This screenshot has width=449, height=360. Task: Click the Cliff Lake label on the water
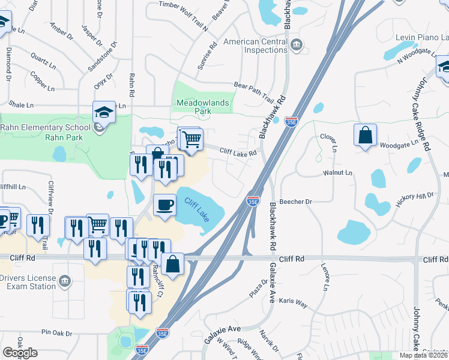point(197,209)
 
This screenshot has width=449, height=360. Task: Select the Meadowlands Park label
point(202,107)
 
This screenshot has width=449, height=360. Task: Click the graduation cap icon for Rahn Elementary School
point(104,112)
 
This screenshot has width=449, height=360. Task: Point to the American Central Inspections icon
point(296,45)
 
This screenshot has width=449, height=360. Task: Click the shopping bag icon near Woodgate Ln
point(366,135)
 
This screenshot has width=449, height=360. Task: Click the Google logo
point(20,353)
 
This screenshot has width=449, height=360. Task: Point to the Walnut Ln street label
point(337,172)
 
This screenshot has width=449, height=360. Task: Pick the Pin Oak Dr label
point(56,332)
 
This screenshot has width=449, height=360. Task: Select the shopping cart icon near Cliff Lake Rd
point(191,139)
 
